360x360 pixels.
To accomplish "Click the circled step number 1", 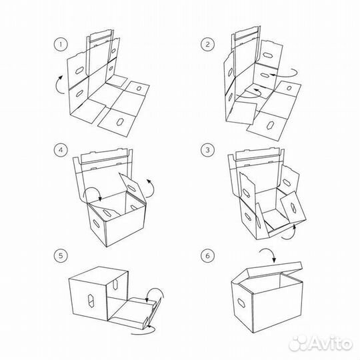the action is point(61,44).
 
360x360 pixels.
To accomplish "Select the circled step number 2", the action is point(207,44).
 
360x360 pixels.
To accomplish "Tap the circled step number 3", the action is point(207,150).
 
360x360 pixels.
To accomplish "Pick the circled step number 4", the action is point(61,150).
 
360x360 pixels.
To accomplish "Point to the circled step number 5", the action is point(61,255).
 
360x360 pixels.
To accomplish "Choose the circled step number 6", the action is point(207,255).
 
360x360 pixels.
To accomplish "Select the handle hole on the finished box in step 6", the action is point(241,303).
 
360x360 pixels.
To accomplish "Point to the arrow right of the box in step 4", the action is point(151,187).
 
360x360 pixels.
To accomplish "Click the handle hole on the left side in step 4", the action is point(96,223).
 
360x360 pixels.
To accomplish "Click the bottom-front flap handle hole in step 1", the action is point(119,122).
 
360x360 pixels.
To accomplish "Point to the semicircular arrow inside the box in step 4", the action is point(92,191).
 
